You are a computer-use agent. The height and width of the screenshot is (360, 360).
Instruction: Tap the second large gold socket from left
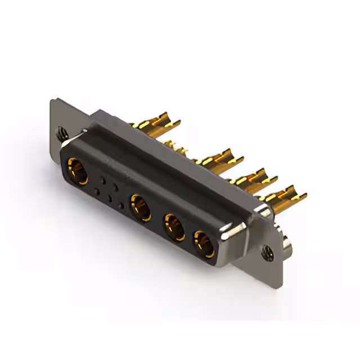click(x=141, y=207)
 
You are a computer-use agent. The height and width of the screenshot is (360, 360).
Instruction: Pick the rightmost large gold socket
click(x=203, y=244)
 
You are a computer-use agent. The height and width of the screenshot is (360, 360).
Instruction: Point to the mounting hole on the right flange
click(x=266, y=249)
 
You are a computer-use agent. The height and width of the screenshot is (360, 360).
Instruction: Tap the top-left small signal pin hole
click(x=102, y=181)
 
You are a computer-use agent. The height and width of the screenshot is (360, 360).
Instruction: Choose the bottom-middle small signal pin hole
click(x=109, y=198)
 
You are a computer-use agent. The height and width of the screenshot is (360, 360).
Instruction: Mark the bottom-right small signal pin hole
click(x=121, y=205)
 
